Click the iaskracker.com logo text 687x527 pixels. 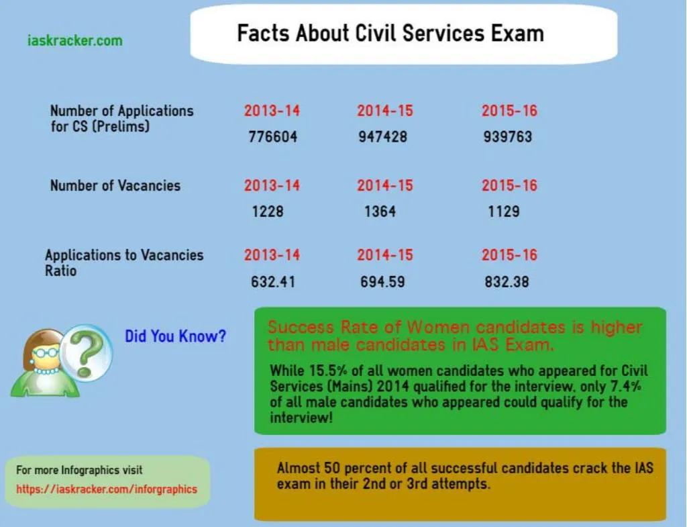(x=74, y=41)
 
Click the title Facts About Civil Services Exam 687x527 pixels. (x=390, y=34)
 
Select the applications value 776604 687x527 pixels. (x=272, y=137)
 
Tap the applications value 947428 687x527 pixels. (x=382, y=137)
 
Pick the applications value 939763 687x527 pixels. (x=507, y=137)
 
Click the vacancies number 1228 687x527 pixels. (x=268, y=211)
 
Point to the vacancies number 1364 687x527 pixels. (x=380, y=211)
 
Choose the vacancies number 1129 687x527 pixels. (x=504, y=211)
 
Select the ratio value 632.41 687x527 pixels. (x=272, y=282)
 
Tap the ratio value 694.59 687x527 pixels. (x=382, y=282)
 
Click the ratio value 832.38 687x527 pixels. (x=507, y=282)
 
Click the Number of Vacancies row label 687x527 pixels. (x=115, y=186)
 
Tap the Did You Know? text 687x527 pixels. (x=175, y=336)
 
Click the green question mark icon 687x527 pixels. (x=88, y=350)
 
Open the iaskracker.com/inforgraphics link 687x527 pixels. (x=107, y=489)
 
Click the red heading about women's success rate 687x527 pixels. (x=454, y=336)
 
